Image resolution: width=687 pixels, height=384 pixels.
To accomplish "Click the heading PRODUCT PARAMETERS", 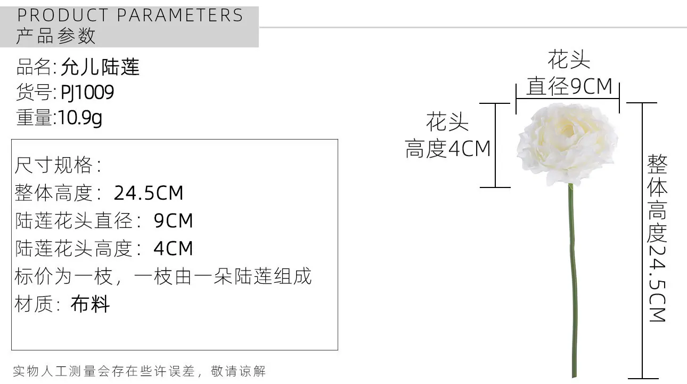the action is click(130, 15).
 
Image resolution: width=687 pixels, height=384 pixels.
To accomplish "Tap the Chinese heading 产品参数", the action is click(56, 36).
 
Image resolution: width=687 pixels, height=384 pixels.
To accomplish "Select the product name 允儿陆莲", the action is click(100, 67).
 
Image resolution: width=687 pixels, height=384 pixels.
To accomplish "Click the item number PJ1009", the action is click(87, 92).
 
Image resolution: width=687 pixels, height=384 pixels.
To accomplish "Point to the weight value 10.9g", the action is click(80, 118).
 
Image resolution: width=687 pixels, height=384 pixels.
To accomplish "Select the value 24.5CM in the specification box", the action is click(149, 193).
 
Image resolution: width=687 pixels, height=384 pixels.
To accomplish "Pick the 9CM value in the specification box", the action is click(173, 220).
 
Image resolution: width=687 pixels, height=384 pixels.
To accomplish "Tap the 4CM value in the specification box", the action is click(173, 248).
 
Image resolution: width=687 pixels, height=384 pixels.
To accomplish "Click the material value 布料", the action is click(90, 304).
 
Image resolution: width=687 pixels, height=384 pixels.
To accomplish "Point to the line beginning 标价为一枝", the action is click(163, 276).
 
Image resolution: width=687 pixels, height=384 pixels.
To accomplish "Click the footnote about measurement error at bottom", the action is click(139, 371).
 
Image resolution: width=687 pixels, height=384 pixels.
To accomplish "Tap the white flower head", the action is click(567, 144).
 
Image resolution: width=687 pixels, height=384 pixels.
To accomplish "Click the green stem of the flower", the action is click(572, 281).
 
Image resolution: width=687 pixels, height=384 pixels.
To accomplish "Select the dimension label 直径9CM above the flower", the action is click(569, 86).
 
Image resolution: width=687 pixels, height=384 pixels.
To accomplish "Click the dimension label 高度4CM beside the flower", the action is click(448, 149).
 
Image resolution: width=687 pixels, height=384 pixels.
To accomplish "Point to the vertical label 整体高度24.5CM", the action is click(657, 238).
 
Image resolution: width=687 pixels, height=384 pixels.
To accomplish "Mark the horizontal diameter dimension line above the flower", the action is click(567, 99).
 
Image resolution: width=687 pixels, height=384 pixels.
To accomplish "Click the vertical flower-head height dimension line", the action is click(495, 145).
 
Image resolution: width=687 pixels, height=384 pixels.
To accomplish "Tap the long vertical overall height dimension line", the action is click(642, 241).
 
